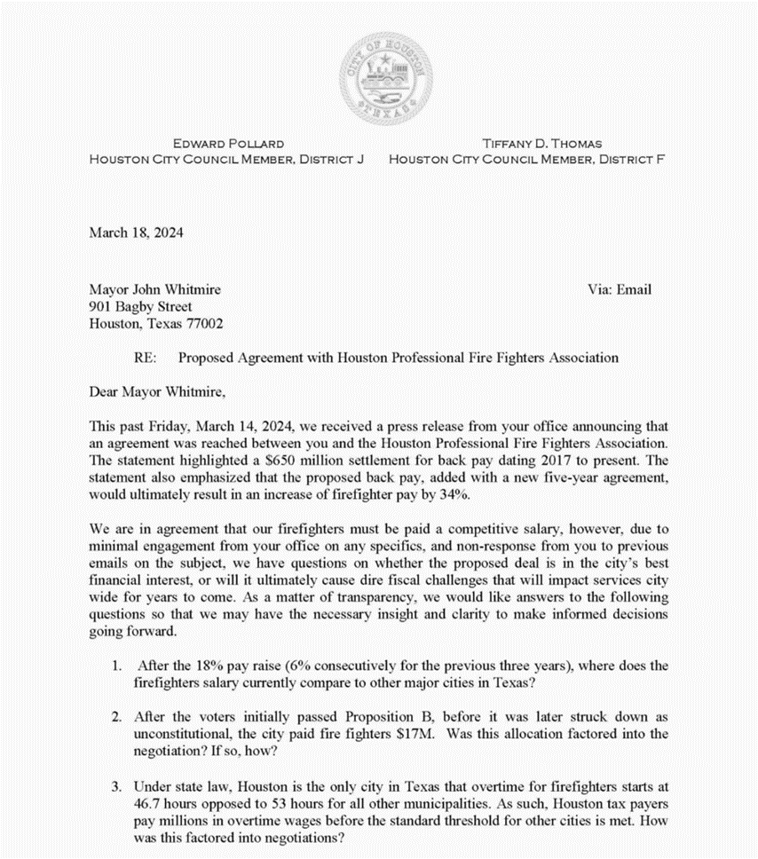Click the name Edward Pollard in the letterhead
[228, 143]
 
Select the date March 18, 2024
[136, 232]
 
